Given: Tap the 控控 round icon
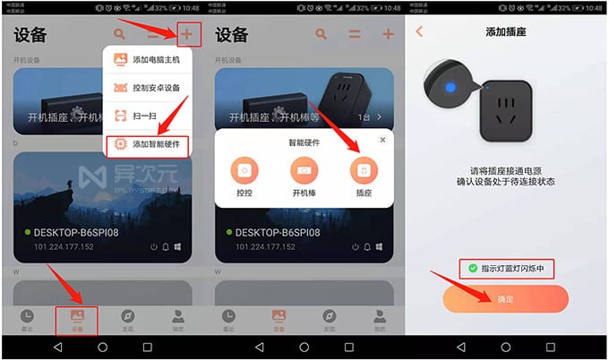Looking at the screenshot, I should [244, 170].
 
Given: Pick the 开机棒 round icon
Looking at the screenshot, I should [304, 170].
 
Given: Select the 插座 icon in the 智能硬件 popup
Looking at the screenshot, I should [364, 170].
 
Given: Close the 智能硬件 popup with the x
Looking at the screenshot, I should [382, 140].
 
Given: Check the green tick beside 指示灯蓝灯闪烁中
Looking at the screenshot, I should [471, 268].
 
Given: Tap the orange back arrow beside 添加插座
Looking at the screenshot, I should [419, 31].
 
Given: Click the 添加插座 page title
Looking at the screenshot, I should [506, 31].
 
